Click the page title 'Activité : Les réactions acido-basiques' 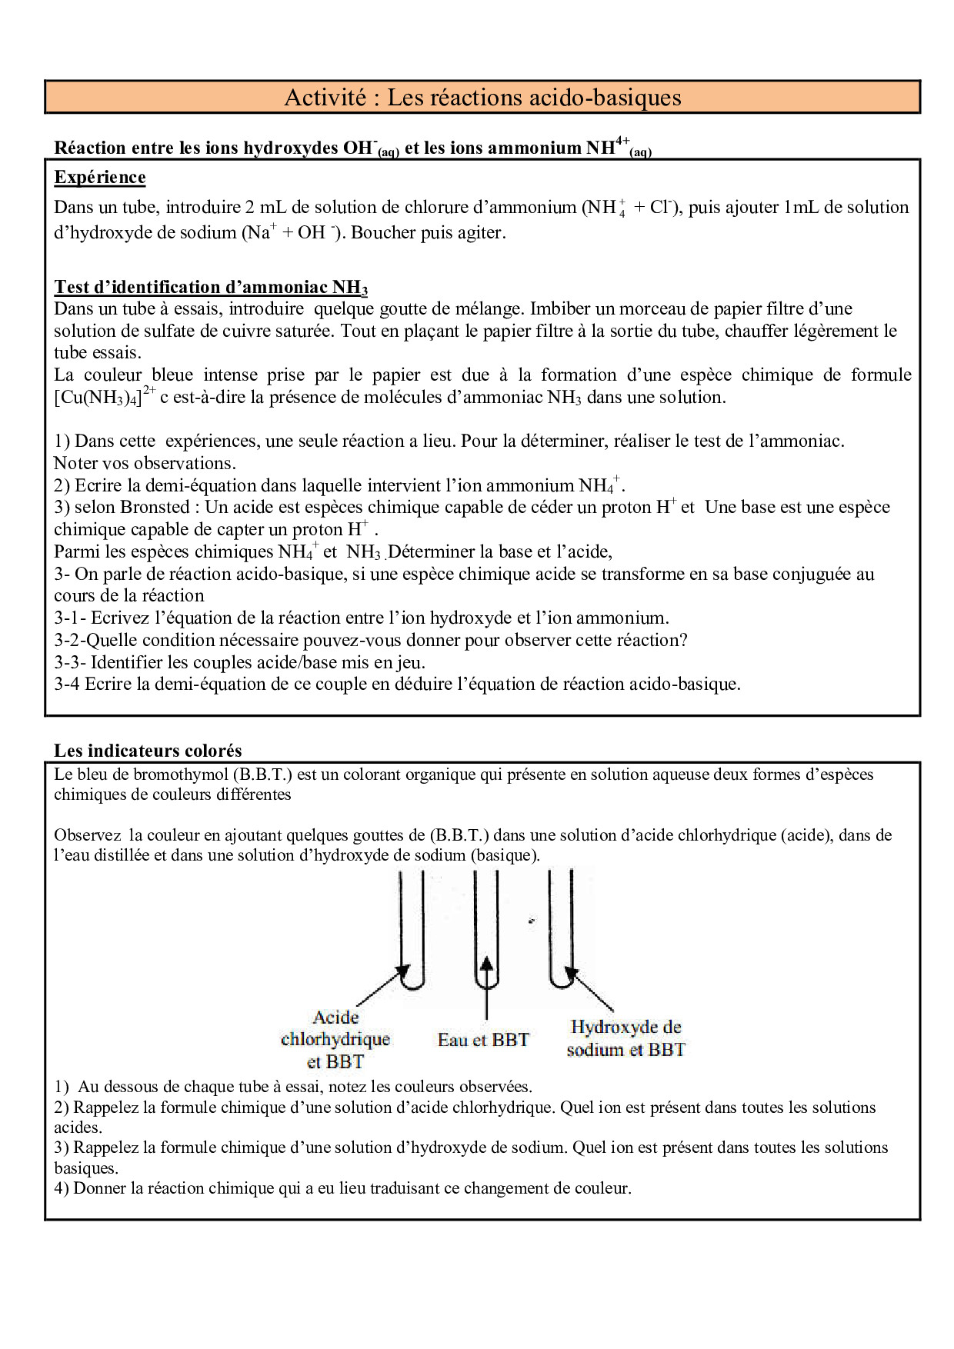(x=482, y=98)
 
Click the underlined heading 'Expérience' (x=99, y=178)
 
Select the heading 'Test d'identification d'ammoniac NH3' (x=210, y=288)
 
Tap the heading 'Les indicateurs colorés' (x=148, y=751)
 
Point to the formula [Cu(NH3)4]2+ (x=105, y=398)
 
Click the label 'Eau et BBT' (x=483, y=1041)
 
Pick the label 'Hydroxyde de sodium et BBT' (x=625, y=1038)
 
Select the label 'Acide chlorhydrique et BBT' (x=335, y=1040)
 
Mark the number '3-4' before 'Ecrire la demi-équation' (x=67, y=684)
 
